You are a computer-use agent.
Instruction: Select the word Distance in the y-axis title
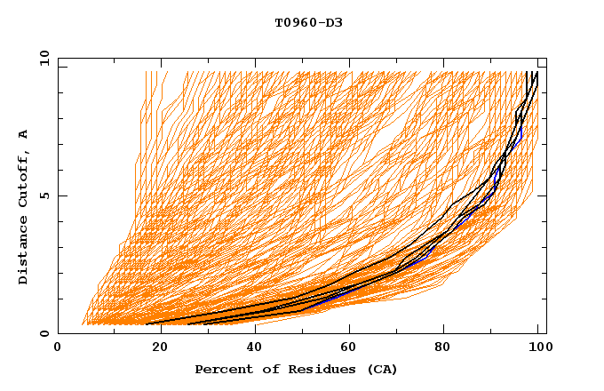(24, 251)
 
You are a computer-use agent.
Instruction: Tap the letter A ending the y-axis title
(24, 134)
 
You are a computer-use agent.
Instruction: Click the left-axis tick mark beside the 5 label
(61, 195)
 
